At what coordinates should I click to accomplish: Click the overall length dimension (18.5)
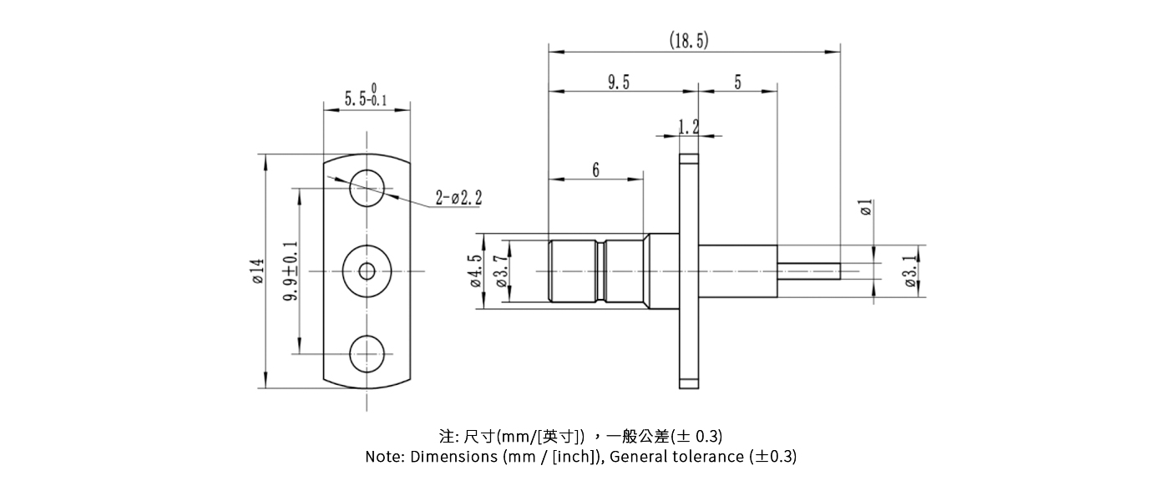[x=689, y=40]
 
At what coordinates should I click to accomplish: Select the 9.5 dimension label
[x=619, y=82]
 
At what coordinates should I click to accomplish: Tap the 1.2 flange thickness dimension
[x=689, y=127]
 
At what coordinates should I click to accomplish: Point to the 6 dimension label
[x=595, y=170]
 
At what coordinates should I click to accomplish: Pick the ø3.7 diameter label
[x=501, y=271]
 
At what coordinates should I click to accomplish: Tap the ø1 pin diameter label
[x=866, y=208]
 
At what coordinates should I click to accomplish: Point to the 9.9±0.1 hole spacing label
[x=291, y=271]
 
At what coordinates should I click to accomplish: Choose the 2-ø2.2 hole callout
[x=458, y=198]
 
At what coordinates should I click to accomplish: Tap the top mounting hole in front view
[x=367, y=186]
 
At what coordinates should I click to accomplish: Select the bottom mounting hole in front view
[x=367, y=354]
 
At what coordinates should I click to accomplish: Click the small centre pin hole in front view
[x=367, y=271]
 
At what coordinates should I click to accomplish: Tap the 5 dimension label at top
[x=738, y=82]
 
